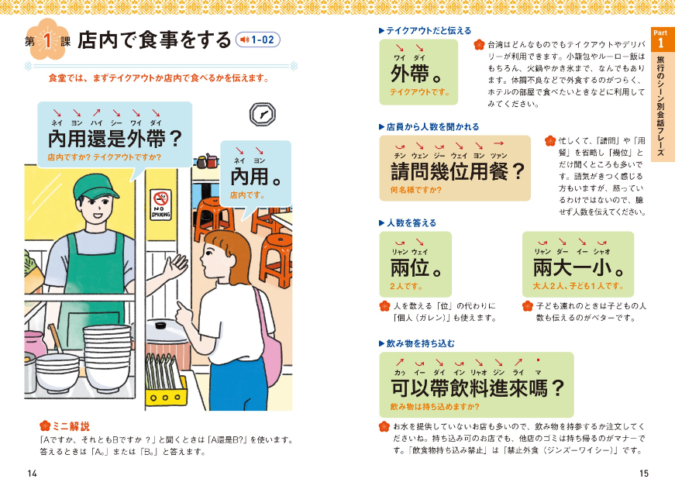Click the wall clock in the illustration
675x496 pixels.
[x=261, y=114]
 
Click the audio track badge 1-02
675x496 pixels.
[x=257, y=40]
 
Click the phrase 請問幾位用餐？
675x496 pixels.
[x=457, y=170]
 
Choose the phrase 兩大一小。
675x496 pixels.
[x=578, y=268]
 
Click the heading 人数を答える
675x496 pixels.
[x=411, y=222]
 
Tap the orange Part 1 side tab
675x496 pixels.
[x=661, y=93]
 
